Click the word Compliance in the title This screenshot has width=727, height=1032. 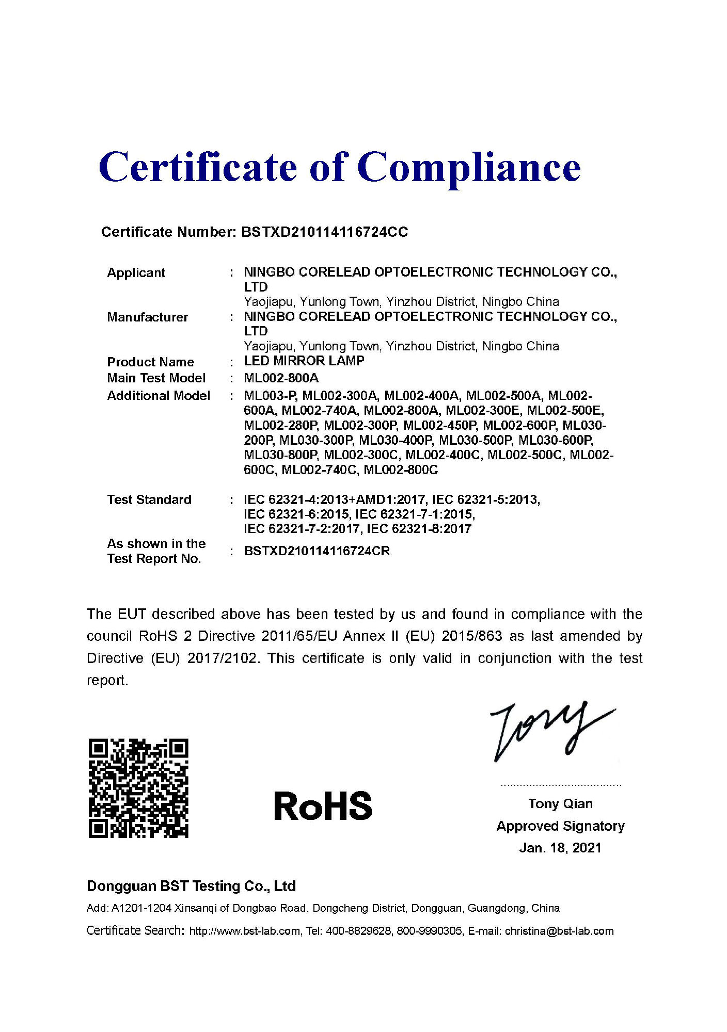[468, 168]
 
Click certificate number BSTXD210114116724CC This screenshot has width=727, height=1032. [324, 232]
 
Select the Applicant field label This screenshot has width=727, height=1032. [136, 273]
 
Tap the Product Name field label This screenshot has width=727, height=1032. [150, 362]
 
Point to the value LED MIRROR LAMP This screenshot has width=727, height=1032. [304, 361]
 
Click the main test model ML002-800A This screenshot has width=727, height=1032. [281, 378]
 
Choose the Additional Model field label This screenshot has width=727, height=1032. [159, 396]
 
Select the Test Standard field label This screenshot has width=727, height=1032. [149, 499]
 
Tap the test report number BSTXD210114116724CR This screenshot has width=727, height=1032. [317, 551]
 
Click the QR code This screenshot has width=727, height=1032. [138, 788]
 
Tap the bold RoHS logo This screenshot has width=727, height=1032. [323, 806]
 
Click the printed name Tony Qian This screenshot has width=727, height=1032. [560, 803]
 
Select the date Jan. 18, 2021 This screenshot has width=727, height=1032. [560, 848]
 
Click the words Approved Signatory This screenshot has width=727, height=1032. [560, 826]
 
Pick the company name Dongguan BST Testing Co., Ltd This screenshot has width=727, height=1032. [191, 886]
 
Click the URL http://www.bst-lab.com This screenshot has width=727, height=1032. [245, 931]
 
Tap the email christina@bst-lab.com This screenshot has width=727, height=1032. [559, 931]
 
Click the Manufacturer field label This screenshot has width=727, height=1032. [147, 317]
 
